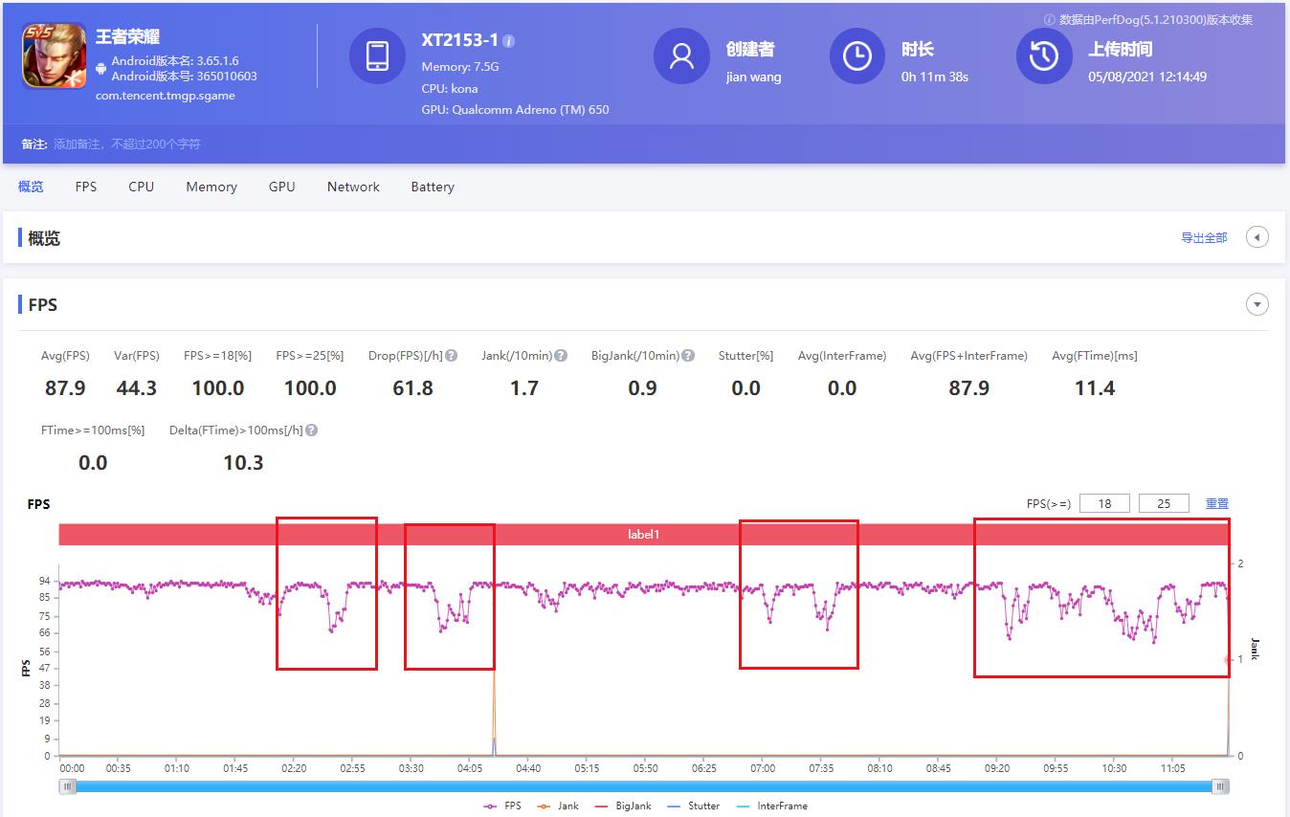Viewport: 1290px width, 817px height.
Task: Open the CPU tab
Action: tap(141, 187)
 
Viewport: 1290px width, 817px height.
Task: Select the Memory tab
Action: tap(211, 187)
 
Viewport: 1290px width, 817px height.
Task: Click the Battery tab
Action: tap(433, 187)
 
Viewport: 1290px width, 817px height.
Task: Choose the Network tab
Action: tap(353, 187)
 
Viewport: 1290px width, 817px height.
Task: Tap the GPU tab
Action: tap(281, 187)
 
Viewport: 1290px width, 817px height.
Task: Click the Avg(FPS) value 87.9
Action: tap(65, 388)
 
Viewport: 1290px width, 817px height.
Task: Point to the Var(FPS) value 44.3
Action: tap(136, 388)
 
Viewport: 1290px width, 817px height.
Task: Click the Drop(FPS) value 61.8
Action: tap(412, 388)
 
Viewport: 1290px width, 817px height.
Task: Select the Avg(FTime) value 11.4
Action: tap(1095, 388)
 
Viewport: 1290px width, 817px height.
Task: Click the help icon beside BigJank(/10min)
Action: tap(686, 356)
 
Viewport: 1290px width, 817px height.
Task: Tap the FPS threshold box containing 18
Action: tap(1104, 504)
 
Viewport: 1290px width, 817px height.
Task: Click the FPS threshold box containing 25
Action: tap(1164, 504)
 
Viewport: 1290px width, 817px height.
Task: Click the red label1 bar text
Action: tap(643, 535)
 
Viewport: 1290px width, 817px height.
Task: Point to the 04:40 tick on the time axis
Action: tap(528, 768)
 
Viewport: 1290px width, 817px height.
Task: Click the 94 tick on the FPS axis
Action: tap(44, 581)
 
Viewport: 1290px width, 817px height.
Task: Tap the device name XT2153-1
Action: tap(459, 40)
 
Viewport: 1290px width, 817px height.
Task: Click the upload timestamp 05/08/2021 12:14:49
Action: tap(1146, 77)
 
